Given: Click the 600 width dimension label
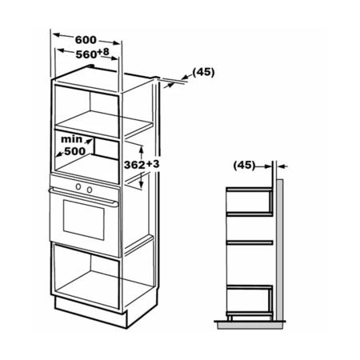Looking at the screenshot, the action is coord(86,40).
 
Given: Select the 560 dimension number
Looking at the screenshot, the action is coord(86,54).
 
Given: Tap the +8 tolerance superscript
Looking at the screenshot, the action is coord(103,52).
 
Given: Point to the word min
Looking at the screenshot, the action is coord(71,139).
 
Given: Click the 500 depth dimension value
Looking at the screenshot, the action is coord(75,151).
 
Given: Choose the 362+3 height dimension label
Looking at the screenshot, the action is coord(142,165).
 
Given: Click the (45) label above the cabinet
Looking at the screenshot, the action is coord(203,72).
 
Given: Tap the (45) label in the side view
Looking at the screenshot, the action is coord(244,165).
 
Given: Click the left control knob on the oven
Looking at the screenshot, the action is coord(78,186).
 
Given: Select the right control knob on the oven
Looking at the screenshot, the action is coord(90,190).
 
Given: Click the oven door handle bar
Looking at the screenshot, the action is coord(83,197).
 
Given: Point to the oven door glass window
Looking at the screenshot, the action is coord(84,220).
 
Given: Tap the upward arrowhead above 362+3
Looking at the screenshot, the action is coord(142,150).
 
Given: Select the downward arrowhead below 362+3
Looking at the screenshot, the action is coord(142,184).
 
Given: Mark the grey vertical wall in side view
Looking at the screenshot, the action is coord(279,250).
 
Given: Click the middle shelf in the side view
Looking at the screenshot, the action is coord(250,242).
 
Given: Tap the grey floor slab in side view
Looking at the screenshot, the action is coord(250,326).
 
